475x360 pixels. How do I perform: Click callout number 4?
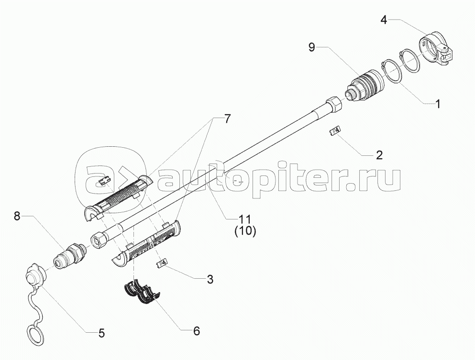coord(384,20)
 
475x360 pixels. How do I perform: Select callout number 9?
coord(312,47)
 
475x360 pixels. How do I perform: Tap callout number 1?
coord(437,104)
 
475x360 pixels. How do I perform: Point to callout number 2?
coord(379,155)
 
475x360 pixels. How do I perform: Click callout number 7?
coord(227,119)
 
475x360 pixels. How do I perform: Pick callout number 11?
coord(245,219)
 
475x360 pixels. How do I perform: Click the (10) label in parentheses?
coord(245,231)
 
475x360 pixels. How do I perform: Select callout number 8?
coord(17,216)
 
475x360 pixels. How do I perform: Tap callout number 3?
coord(210,279)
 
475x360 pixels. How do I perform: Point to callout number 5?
coord(101,333)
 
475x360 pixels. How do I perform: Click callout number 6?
coord(196,331)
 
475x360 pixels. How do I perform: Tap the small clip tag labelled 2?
coord(335,131)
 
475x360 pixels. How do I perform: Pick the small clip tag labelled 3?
coord(162,263)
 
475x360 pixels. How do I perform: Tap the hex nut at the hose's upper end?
coord(334,105)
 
